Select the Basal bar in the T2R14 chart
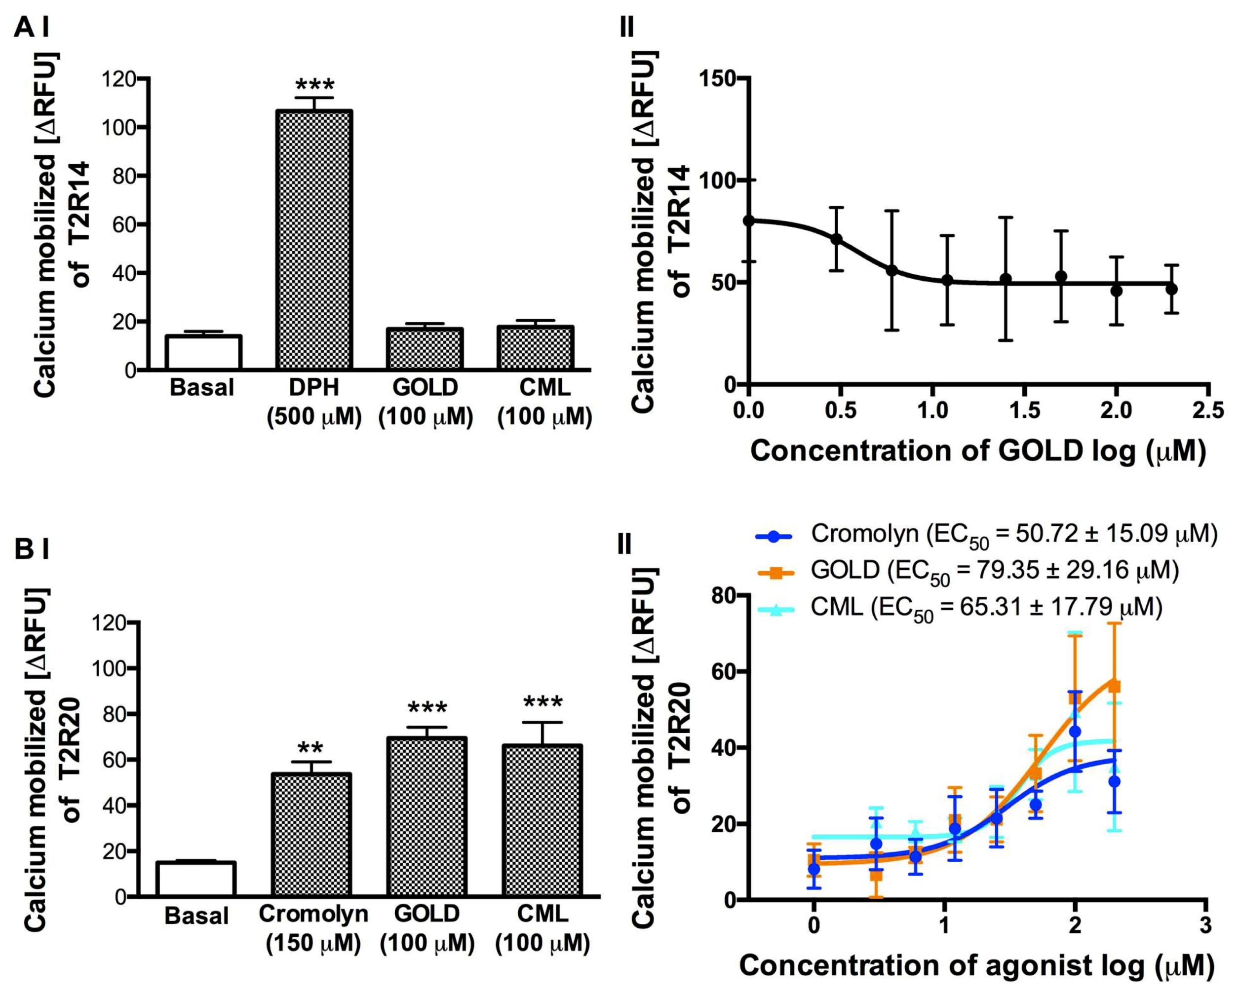tap(203, 352)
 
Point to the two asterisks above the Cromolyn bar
tap(310, 748)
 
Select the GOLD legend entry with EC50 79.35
tap(966, 571)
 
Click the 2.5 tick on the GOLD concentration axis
tap(1208, 410)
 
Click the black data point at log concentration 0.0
tap(749, 220)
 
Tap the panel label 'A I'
tap(31, 27)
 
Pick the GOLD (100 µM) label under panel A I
tap(425, 402)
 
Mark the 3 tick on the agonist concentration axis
tap(1204, 925)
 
